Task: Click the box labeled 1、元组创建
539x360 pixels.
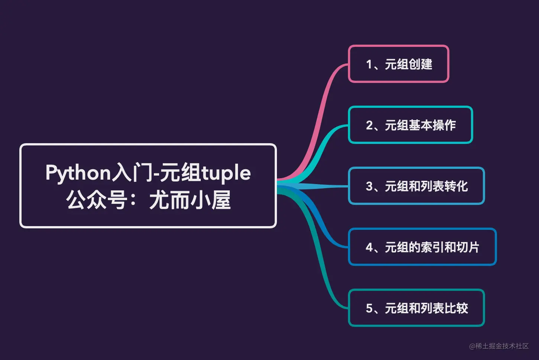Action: coord(398,64)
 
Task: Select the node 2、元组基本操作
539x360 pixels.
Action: coord(410,125)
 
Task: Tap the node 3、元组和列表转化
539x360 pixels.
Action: coord(416,186)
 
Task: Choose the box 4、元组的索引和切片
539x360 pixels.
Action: coord(422,247)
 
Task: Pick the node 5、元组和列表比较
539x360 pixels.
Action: coord(416,308)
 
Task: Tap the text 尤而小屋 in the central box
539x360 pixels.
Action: coord(190,200)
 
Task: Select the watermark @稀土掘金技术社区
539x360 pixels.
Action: coord(498,346)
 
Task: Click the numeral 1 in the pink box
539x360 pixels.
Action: coord(369,64)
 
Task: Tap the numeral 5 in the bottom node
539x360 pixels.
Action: coord(369,308)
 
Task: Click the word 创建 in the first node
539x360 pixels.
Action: coord(420,64)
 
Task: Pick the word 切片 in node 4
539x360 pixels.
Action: coord(468,247)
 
